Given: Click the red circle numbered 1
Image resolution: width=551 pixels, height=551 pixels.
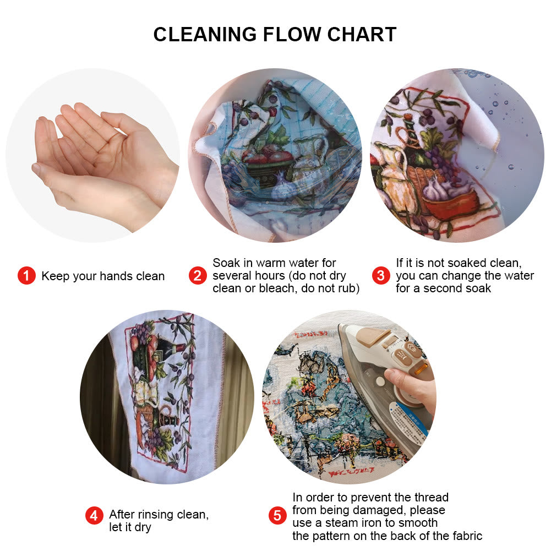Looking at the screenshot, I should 26,276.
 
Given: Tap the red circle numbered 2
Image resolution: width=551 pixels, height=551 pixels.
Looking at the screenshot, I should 198,275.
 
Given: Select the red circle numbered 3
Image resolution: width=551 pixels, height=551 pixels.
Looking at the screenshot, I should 380,275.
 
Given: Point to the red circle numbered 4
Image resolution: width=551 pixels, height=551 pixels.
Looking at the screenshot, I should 94,516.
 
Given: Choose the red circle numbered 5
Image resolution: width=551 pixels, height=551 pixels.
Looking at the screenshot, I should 277,516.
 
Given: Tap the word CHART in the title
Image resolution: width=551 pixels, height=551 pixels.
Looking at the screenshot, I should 362,35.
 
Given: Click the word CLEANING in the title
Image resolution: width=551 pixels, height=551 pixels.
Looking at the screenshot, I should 204,35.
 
